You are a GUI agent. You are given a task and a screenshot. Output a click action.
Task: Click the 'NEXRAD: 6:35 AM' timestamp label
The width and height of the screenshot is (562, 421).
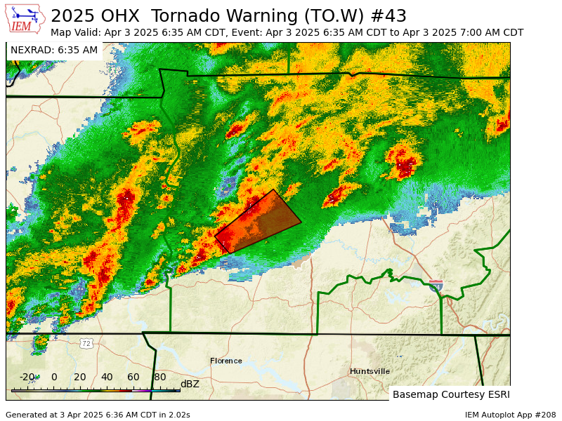pos(54,50)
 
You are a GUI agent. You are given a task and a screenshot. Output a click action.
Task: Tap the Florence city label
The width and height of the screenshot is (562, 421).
pos(226,361)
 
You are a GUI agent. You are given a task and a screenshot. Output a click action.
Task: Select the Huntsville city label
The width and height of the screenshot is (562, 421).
pos(370,371)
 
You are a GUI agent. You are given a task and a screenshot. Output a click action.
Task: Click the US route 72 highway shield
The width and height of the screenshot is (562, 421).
pos(86,343)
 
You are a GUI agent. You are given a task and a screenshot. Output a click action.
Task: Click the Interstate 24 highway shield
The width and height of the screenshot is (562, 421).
pos(436,285)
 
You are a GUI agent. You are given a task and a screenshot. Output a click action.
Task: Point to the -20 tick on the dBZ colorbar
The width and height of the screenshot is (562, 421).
pos(27,377)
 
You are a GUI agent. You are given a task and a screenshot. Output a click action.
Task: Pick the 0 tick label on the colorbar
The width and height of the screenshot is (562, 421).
pos(54,377)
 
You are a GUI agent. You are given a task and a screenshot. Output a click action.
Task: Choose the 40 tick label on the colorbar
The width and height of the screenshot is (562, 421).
pos(107,377)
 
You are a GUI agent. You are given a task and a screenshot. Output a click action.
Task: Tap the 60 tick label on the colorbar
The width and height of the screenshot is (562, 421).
pos(133,377)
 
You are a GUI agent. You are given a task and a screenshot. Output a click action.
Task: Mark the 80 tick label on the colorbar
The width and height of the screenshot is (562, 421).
pos(160,377)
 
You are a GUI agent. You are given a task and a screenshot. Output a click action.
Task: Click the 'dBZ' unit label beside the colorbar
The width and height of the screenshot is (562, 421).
pos(190,384)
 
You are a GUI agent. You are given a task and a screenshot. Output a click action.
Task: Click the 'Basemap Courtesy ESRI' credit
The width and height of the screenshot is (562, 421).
pos(450,394)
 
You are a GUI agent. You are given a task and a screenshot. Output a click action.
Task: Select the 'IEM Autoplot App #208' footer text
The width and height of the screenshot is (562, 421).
pos(510,415)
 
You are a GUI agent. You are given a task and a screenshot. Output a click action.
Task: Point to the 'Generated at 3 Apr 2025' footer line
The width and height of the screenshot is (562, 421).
pos(98,415)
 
